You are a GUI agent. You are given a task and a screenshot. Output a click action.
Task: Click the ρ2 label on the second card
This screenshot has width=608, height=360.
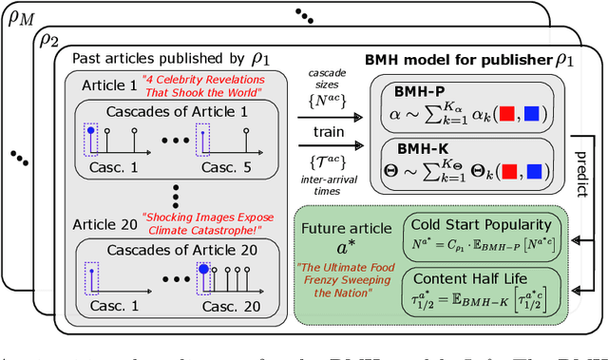pos(48,39)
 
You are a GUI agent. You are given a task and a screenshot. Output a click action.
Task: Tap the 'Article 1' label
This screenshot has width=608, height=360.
pos(104,81)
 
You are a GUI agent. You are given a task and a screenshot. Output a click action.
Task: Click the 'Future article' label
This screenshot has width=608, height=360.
pos(346,229)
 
